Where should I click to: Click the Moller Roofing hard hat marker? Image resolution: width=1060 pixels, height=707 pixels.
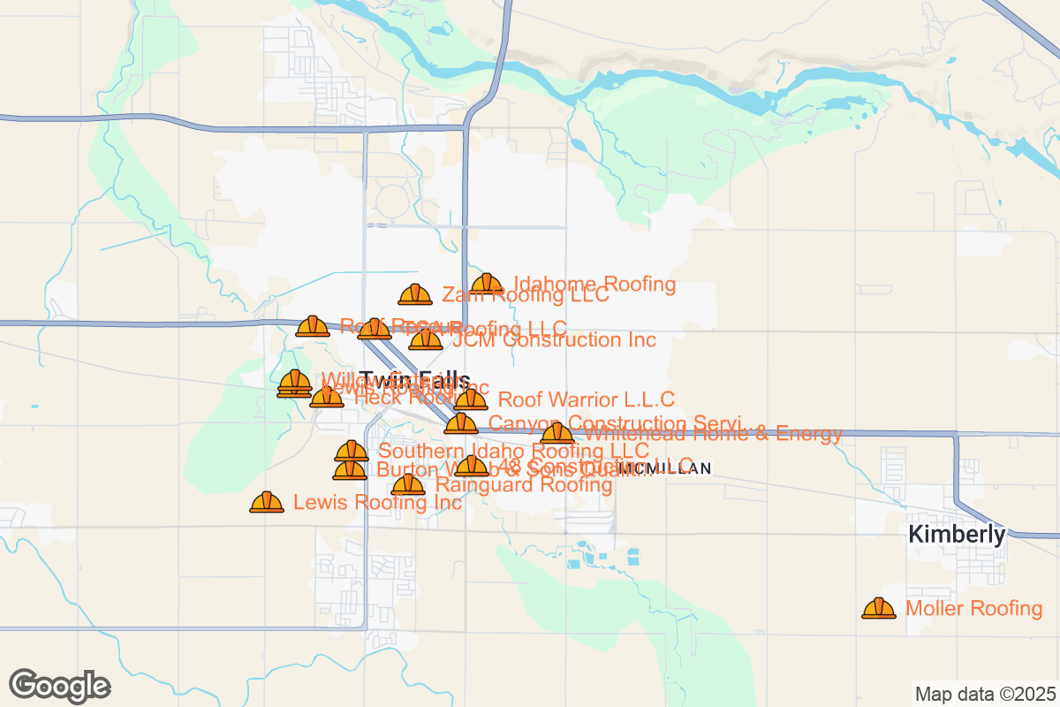879,608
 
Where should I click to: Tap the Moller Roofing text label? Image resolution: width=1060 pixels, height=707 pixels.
974,609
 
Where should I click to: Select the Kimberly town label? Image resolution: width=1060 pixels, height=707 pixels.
958,535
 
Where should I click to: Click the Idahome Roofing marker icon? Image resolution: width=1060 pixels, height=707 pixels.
487,284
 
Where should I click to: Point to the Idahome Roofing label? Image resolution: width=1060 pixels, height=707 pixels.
594,285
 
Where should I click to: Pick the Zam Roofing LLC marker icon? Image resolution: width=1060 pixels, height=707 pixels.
415,295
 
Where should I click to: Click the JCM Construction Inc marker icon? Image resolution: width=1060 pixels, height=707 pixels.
426,339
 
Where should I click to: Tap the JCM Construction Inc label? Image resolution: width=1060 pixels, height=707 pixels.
554,340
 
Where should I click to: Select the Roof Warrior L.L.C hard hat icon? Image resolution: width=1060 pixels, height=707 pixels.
471,399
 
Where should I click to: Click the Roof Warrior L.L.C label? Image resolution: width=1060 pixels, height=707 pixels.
587,400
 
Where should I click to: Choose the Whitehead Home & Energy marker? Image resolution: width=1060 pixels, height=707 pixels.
556,433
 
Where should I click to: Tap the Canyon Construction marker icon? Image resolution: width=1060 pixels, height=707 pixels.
461,423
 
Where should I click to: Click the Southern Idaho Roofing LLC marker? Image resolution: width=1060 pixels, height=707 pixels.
352,452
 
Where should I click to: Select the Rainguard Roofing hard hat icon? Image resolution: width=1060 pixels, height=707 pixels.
408,484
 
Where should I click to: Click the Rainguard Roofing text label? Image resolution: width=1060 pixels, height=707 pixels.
524,485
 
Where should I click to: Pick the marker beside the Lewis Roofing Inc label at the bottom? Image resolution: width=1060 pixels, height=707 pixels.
266,502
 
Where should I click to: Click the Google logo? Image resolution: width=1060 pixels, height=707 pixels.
60,686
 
